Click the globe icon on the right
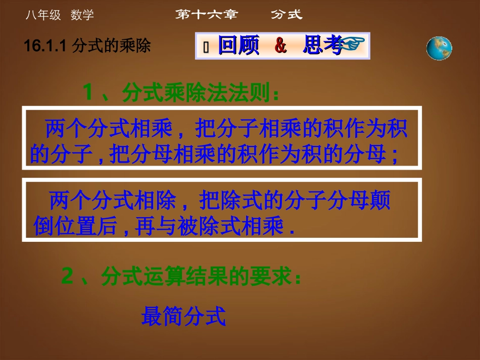tap(439, 48)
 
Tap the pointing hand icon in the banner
tap(354, 46)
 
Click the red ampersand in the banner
tap(280, 46)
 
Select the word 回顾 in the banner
tap(238, 46)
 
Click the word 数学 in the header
tap(82, 16)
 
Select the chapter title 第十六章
tap(206, 15)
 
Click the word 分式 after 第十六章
tap(286, 15)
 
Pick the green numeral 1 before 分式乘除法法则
tap(89, 92)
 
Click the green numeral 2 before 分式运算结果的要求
tap(68, 277)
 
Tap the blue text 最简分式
tap(183, 317)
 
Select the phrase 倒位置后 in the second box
tap(75, 227)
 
